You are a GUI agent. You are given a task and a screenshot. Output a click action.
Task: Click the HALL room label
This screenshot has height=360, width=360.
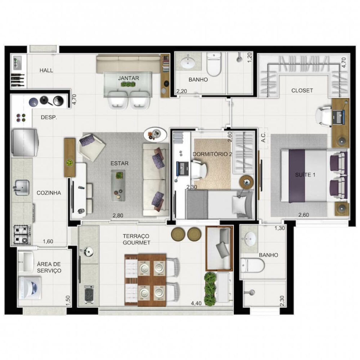[46, 70]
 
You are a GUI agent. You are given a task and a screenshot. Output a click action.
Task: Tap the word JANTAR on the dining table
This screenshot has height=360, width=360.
[128, 78]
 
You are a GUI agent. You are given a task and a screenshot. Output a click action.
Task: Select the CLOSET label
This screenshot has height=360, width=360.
[302, 90]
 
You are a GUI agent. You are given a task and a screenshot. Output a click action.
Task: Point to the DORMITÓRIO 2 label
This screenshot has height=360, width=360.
[212, 154]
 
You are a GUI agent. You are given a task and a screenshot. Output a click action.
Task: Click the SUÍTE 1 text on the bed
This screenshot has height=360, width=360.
[305, 175]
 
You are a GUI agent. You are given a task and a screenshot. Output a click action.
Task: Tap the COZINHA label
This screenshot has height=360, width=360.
[49, 193]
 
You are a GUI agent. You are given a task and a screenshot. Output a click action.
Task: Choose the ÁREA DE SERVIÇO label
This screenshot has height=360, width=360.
[49, 267]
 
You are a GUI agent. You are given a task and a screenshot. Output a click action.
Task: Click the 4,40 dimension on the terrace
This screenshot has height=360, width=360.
[196, 303]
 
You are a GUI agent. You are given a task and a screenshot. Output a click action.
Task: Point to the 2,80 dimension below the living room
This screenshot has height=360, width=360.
[118, 216]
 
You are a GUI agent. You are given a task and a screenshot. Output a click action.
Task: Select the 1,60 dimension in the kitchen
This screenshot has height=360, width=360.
[48, 241]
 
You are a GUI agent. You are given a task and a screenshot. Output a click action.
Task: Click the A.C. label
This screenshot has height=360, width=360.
[264, 138]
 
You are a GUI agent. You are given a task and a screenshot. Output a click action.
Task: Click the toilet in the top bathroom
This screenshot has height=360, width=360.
[214, 64]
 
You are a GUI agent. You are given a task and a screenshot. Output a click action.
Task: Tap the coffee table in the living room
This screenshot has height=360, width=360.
[118, 185]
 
